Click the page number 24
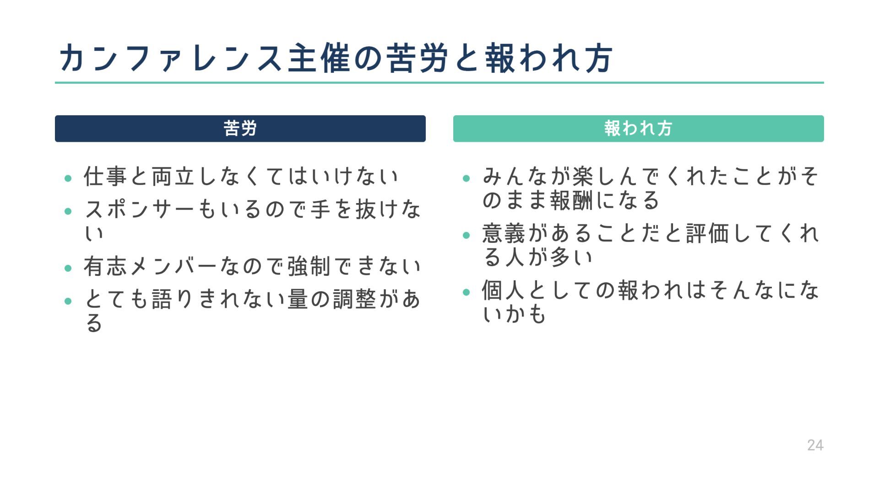pos(815,445)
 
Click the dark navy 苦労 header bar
pos(240,129)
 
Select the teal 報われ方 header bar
pos(638,129)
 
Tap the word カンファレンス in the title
pos(169,59)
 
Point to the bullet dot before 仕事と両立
pos(68,178)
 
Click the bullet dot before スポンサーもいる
pos(68,211)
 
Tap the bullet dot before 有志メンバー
pos(68,268)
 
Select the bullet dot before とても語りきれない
pos(68,301)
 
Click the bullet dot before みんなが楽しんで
pos(467,178)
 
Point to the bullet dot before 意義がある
pos(467,236)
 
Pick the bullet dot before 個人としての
pos(467,292)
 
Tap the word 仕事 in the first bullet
pos(106,177)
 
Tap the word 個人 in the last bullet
pos(503,290)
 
